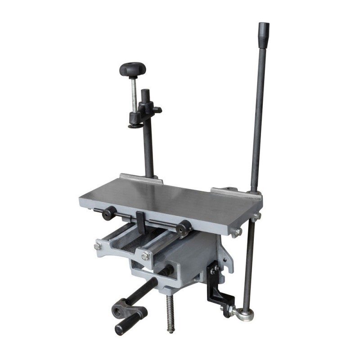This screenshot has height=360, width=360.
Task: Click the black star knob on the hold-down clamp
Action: (133, 69)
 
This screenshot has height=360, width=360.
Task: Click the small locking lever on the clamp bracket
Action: (157, 110)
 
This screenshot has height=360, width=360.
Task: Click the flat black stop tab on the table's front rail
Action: (140, 219)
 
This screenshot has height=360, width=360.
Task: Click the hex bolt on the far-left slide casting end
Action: (98, 246)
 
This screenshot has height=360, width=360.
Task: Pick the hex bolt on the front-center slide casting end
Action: (145, 256)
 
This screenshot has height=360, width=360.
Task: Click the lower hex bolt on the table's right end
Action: (237, 232)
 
